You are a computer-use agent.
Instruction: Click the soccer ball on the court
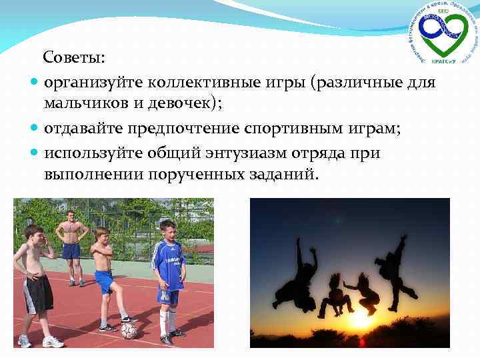129,330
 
